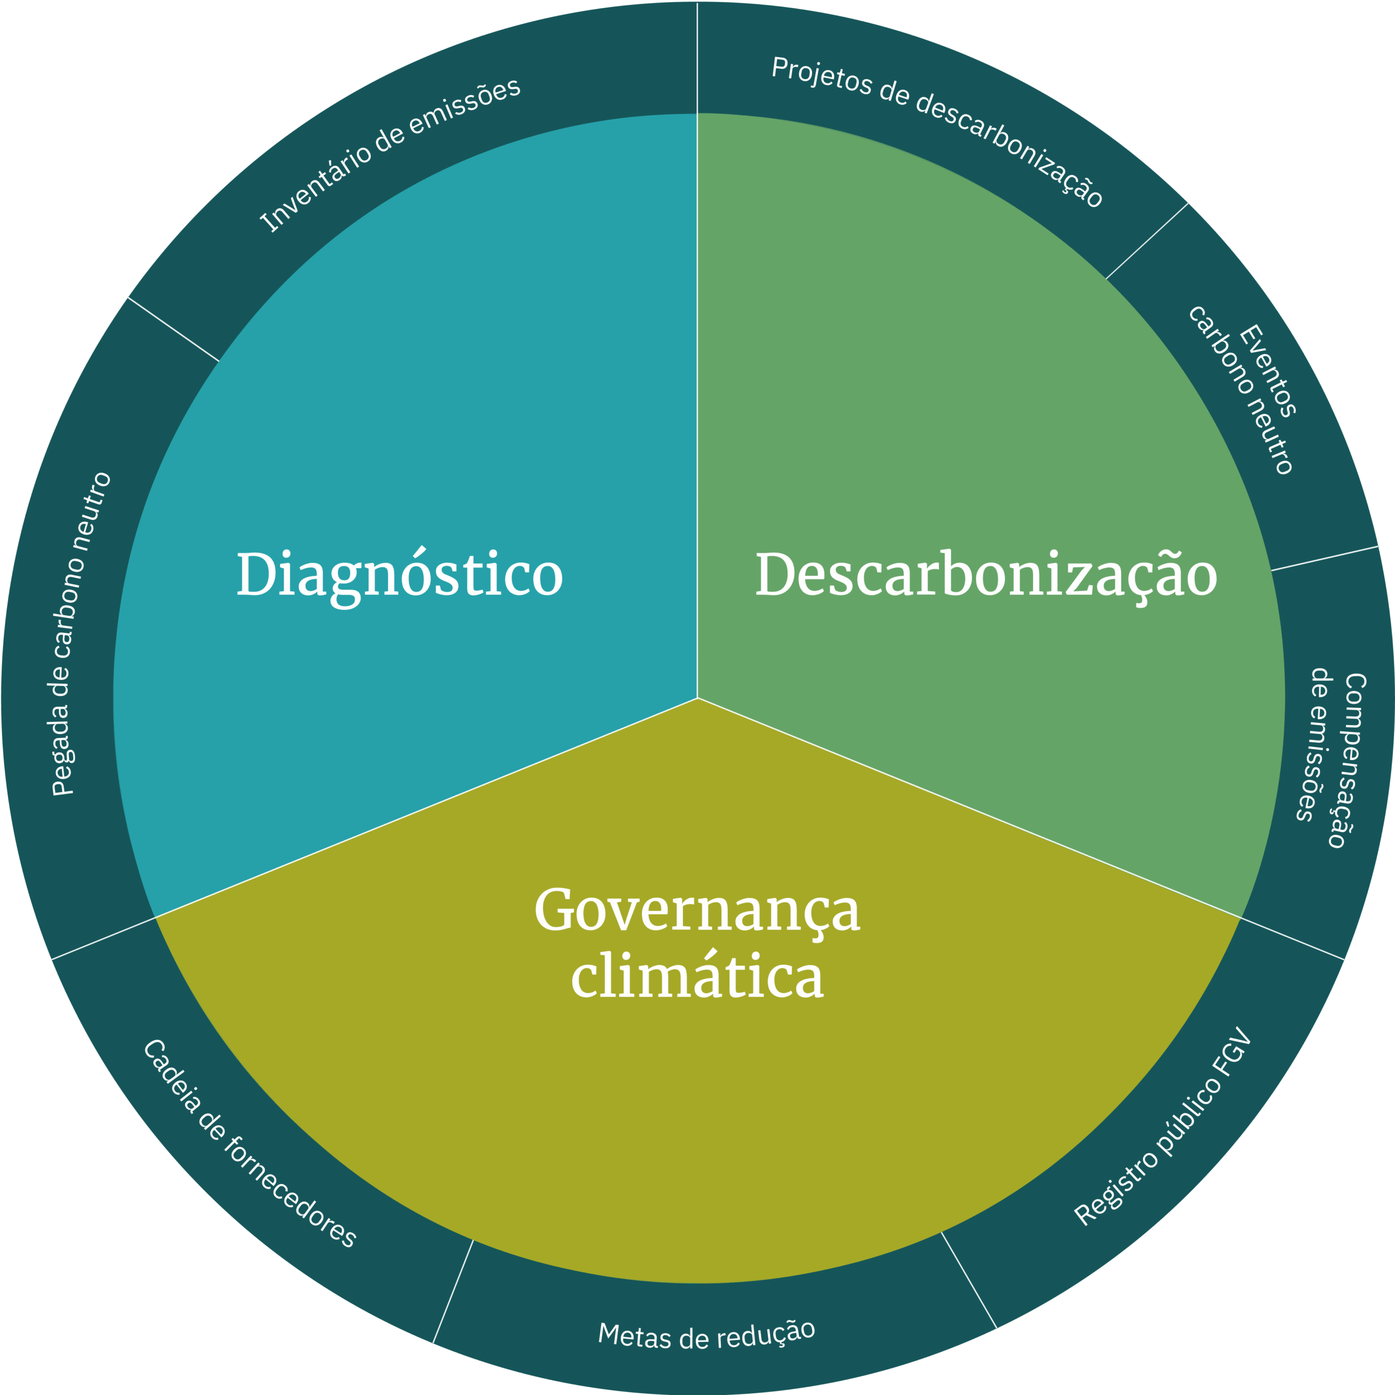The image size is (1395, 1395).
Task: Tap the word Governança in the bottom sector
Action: click(697, 911)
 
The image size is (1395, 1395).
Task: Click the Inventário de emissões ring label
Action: click(390, 155)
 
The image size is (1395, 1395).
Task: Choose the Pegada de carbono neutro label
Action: click(81, 634)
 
